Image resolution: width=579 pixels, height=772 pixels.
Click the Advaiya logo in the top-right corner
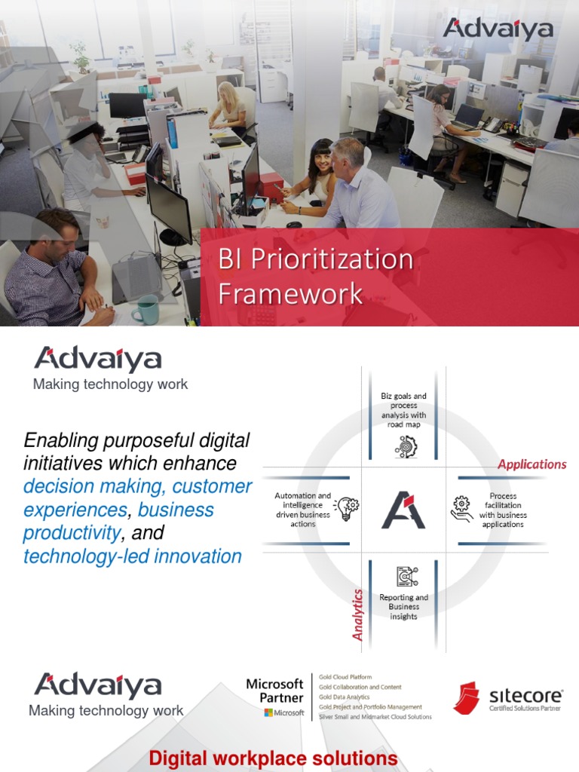point(498,29)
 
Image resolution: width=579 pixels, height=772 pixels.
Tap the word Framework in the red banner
point(290,294)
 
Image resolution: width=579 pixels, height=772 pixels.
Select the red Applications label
point(532,464)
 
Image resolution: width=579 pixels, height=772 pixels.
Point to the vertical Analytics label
point(358,615)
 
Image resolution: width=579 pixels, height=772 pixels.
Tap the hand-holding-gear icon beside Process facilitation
point(461,509)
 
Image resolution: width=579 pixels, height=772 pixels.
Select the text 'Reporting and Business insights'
point(403,607)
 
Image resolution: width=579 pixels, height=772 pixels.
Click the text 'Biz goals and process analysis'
point(403,410)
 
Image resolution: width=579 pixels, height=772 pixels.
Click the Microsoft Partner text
point(274,691)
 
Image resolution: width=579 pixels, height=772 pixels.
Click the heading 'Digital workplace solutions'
point(273,758)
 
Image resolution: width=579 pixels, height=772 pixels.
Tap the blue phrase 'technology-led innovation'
point(133,557)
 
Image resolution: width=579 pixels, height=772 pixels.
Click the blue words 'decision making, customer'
point(137,487)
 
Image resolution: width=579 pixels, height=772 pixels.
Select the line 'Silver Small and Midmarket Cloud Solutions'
point(375,717)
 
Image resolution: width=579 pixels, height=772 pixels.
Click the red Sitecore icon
point(466,698)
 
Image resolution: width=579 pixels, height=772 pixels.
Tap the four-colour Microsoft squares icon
point(268,713)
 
